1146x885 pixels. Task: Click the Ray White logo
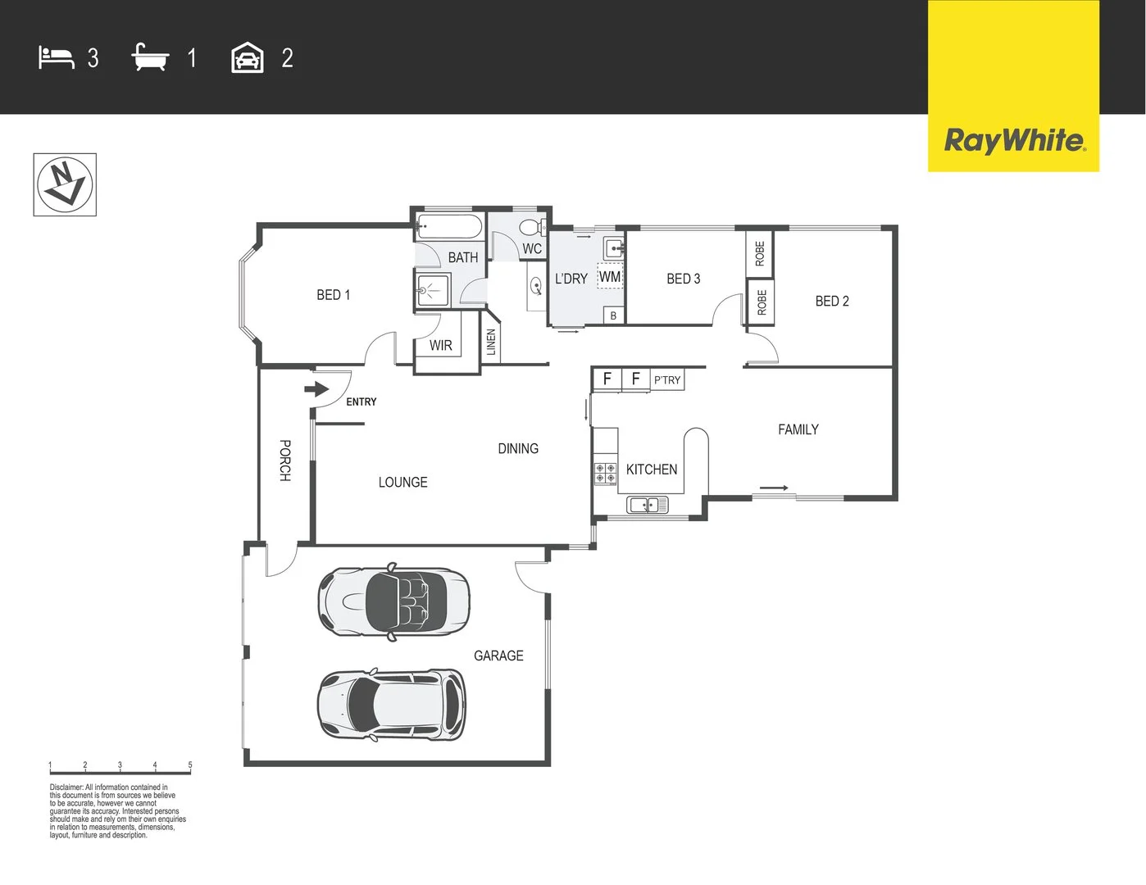1013,140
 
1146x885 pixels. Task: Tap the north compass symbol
65,184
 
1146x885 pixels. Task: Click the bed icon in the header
56,58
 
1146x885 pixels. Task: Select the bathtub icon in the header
150,58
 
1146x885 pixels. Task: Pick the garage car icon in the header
248,58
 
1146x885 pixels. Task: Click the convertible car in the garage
393,600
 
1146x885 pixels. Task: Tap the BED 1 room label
333,295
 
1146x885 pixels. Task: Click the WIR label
440,346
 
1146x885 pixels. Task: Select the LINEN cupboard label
491,342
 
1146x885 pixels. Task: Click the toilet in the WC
531,227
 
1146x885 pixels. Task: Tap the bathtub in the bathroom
449,227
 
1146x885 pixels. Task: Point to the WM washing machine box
609,277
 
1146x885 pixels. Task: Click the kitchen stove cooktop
606,473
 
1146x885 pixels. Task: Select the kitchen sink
647,505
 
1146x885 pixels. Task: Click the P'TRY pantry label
667,380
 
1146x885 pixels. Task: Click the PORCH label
284,461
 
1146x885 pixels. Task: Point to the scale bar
120,768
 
